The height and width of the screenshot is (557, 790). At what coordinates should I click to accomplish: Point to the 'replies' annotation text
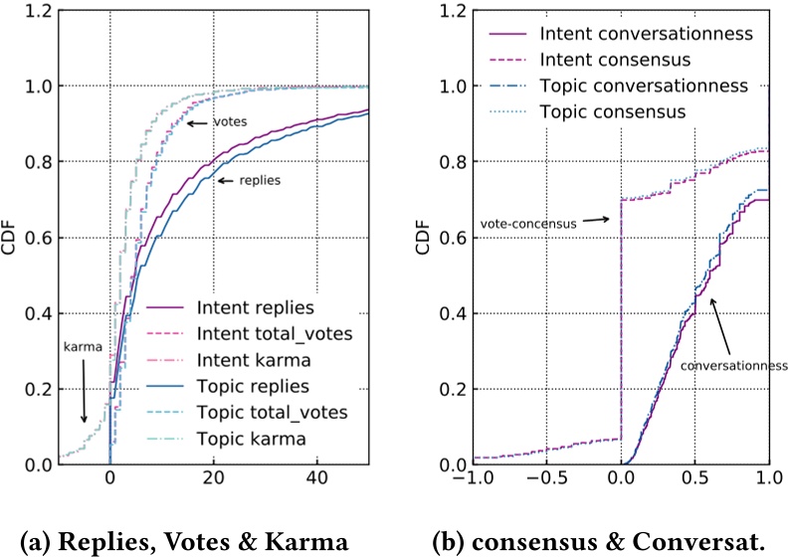[260, 180]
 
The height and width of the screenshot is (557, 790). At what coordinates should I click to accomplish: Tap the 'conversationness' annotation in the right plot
[733, 365]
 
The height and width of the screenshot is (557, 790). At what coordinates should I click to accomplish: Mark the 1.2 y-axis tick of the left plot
[36, 11]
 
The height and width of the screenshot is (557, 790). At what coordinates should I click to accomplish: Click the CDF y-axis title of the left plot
[10, 238]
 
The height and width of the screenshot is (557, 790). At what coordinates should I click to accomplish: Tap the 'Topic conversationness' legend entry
[643, 86]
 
